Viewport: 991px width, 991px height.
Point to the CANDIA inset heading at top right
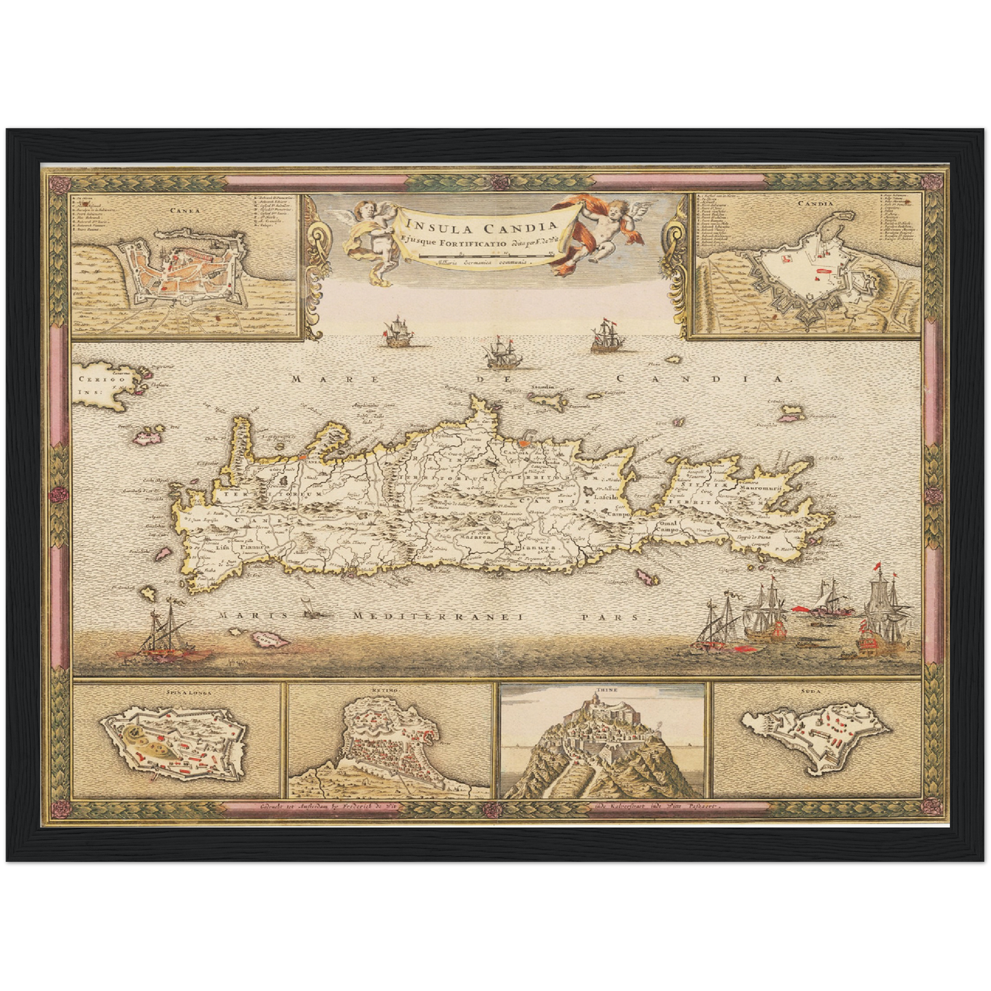click(x=815, y=203)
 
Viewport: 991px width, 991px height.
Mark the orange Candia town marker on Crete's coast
click(x=525, y=444)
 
